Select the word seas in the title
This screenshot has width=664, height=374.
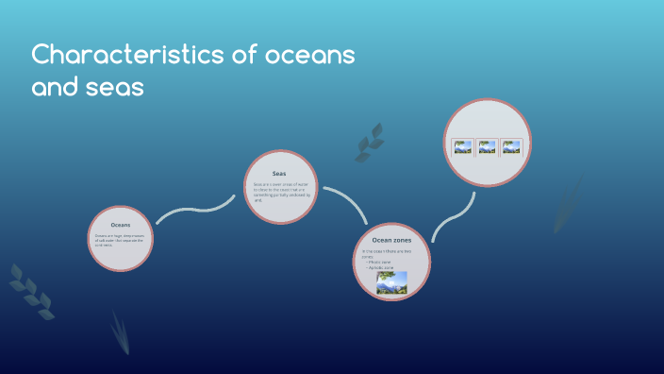click(x=118, y=88)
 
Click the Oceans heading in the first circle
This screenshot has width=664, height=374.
click(x=121, y=225)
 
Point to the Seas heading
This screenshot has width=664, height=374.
click(x=279, y=174)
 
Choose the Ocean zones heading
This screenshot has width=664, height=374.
click(x=391, y=241)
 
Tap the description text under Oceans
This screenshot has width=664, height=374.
click(x=121, y=239)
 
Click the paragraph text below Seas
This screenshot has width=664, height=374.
click(x=280, y=192)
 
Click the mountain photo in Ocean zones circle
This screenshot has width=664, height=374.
click(x=391, y=283)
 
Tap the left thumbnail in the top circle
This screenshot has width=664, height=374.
click(x=462, y=146)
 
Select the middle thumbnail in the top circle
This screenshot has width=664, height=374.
click(x=487, y=146)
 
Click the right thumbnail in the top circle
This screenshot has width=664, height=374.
click(x=511, y=146)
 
